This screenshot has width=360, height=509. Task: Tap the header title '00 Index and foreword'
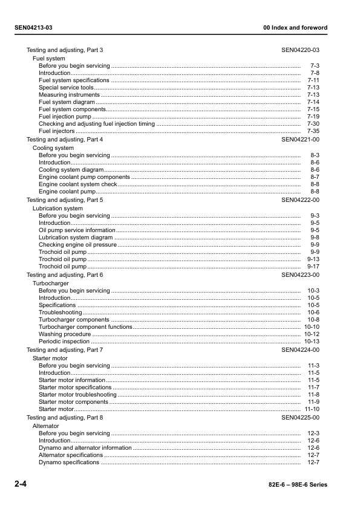[295, 28]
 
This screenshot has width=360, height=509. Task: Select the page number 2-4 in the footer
[21, 484]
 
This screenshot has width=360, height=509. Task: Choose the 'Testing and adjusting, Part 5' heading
[65, 199]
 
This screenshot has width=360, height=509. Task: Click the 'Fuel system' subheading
[49, 59]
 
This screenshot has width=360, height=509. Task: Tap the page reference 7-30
[313, 124]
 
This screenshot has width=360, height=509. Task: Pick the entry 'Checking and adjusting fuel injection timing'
[97, 124]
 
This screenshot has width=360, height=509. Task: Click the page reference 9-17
[313, 267]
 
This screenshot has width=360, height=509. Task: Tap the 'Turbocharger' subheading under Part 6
[51, 284]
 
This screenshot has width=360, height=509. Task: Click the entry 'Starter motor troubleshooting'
[78, 395]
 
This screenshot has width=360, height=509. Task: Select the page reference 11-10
[312, 409]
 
